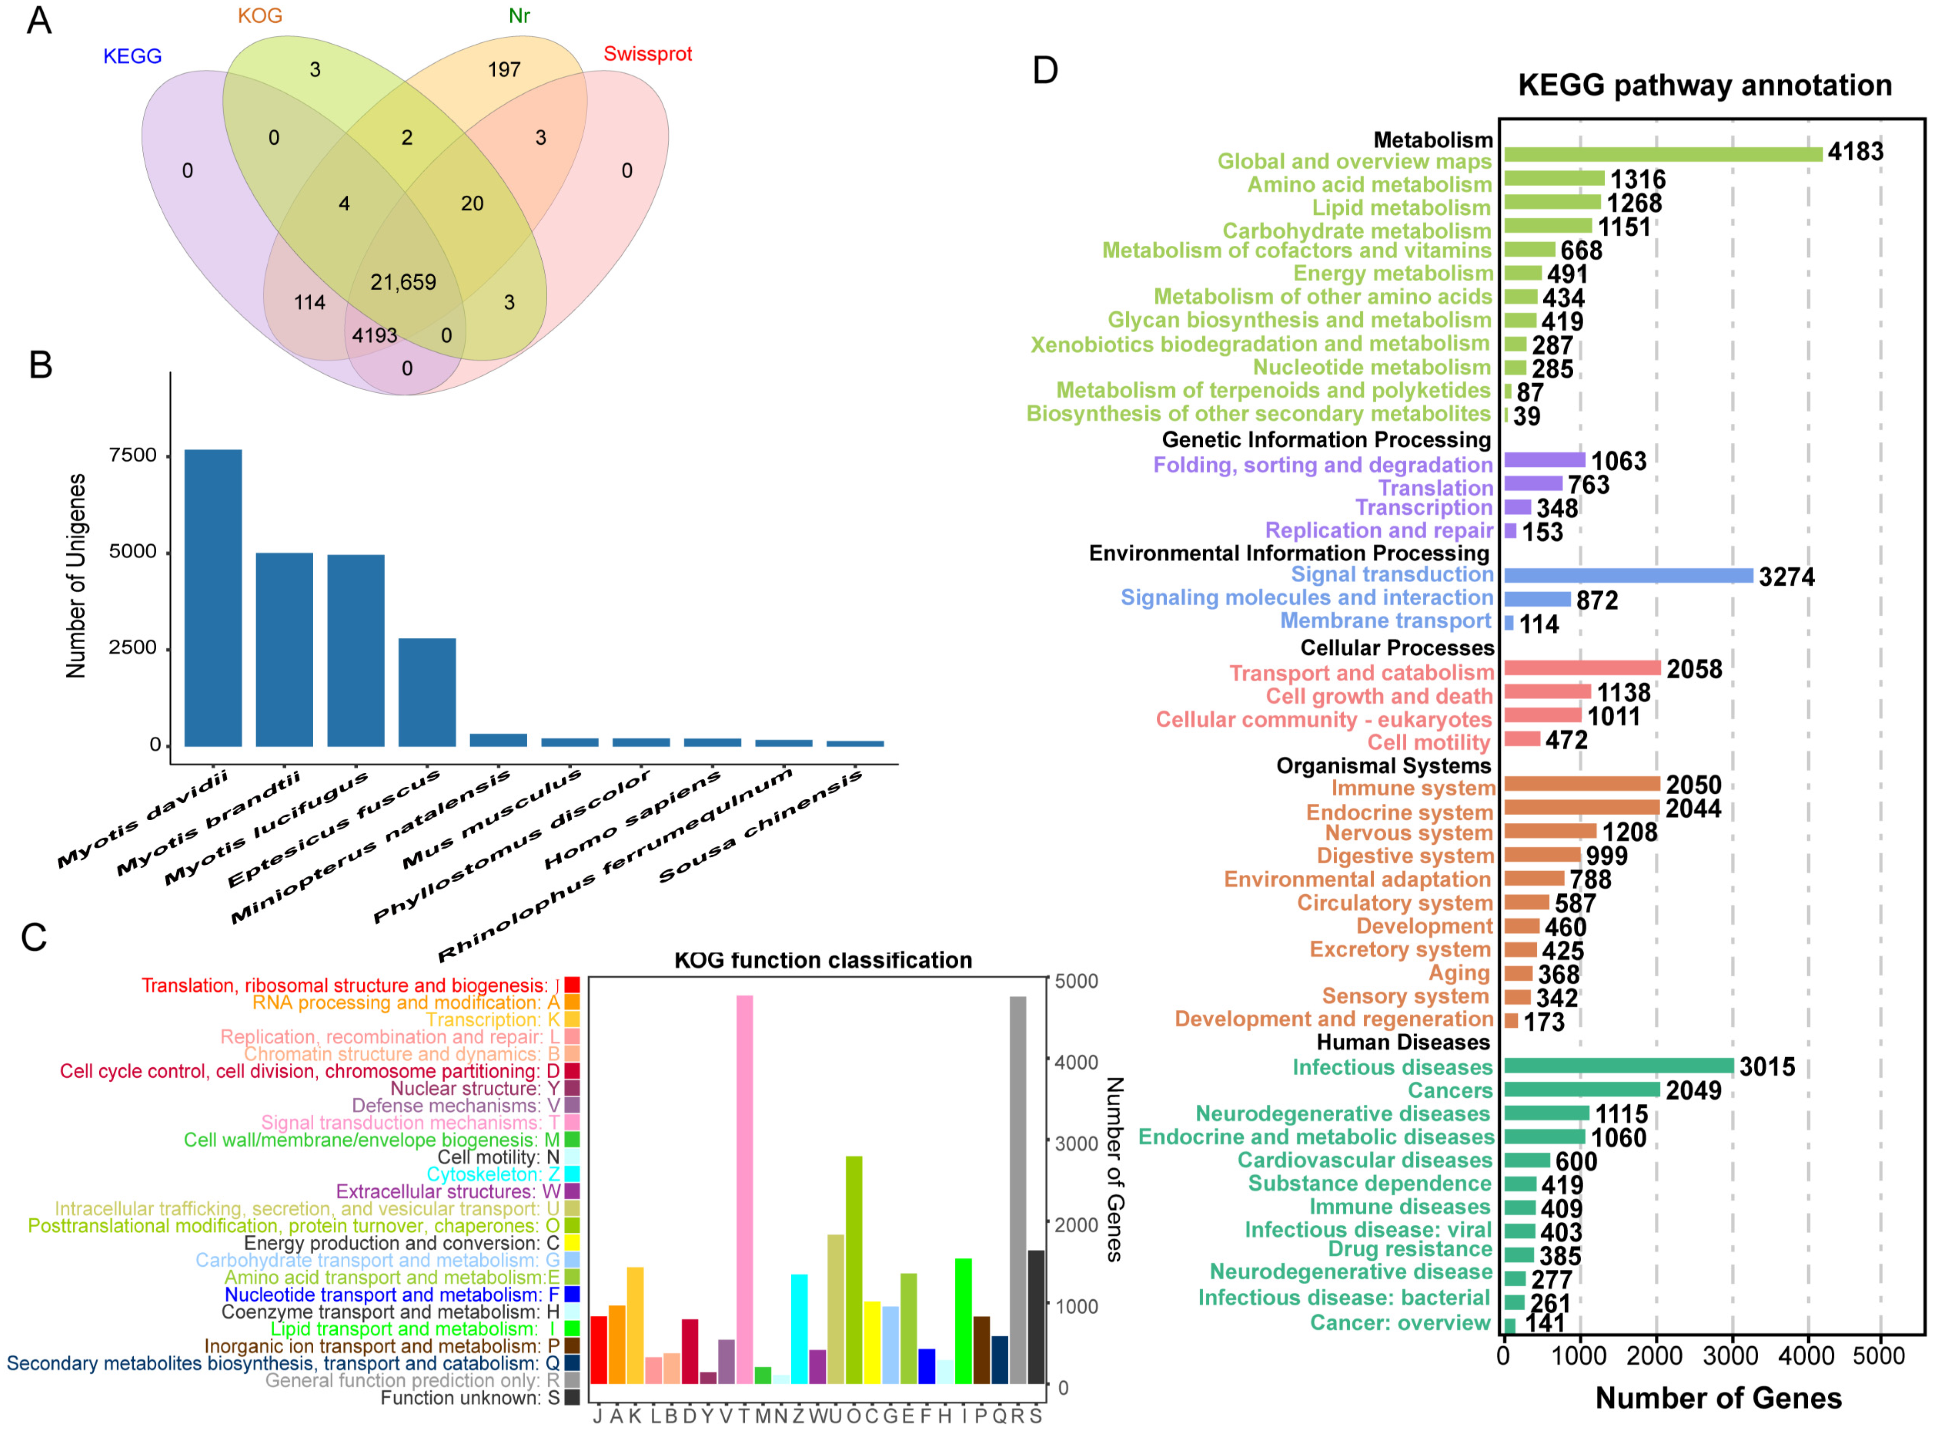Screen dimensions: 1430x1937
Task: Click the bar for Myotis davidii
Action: (x=213, y=597)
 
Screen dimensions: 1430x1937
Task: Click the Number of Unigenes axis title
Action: (x=76, y=576)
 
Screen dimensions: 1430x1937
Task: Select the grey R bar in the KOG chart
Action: (x=1017, y=1190)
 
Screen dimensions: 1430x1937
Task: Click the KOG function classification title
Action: (x=823, y=960)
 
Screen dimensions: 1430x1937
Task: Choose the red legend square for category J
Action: (x=571, y=985)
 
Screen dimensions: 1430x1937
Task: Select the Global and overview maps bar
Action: (x=1662, y=154)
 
